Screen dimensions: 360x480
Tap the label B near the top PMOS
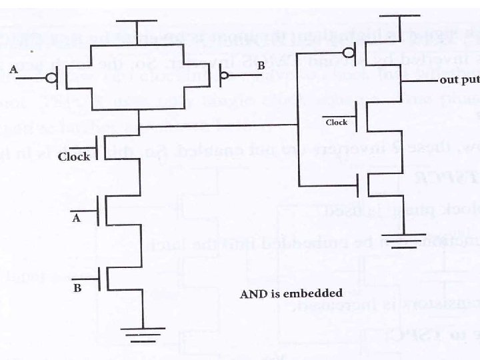click(x=261, y=66)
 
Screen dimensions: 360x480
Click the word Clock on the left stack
click(x=73, y=157)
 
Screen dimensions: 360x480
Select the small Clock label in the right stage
click(x=336, y=123)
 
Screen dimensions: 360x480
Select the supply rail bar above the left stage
click(x=137, y=21)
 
